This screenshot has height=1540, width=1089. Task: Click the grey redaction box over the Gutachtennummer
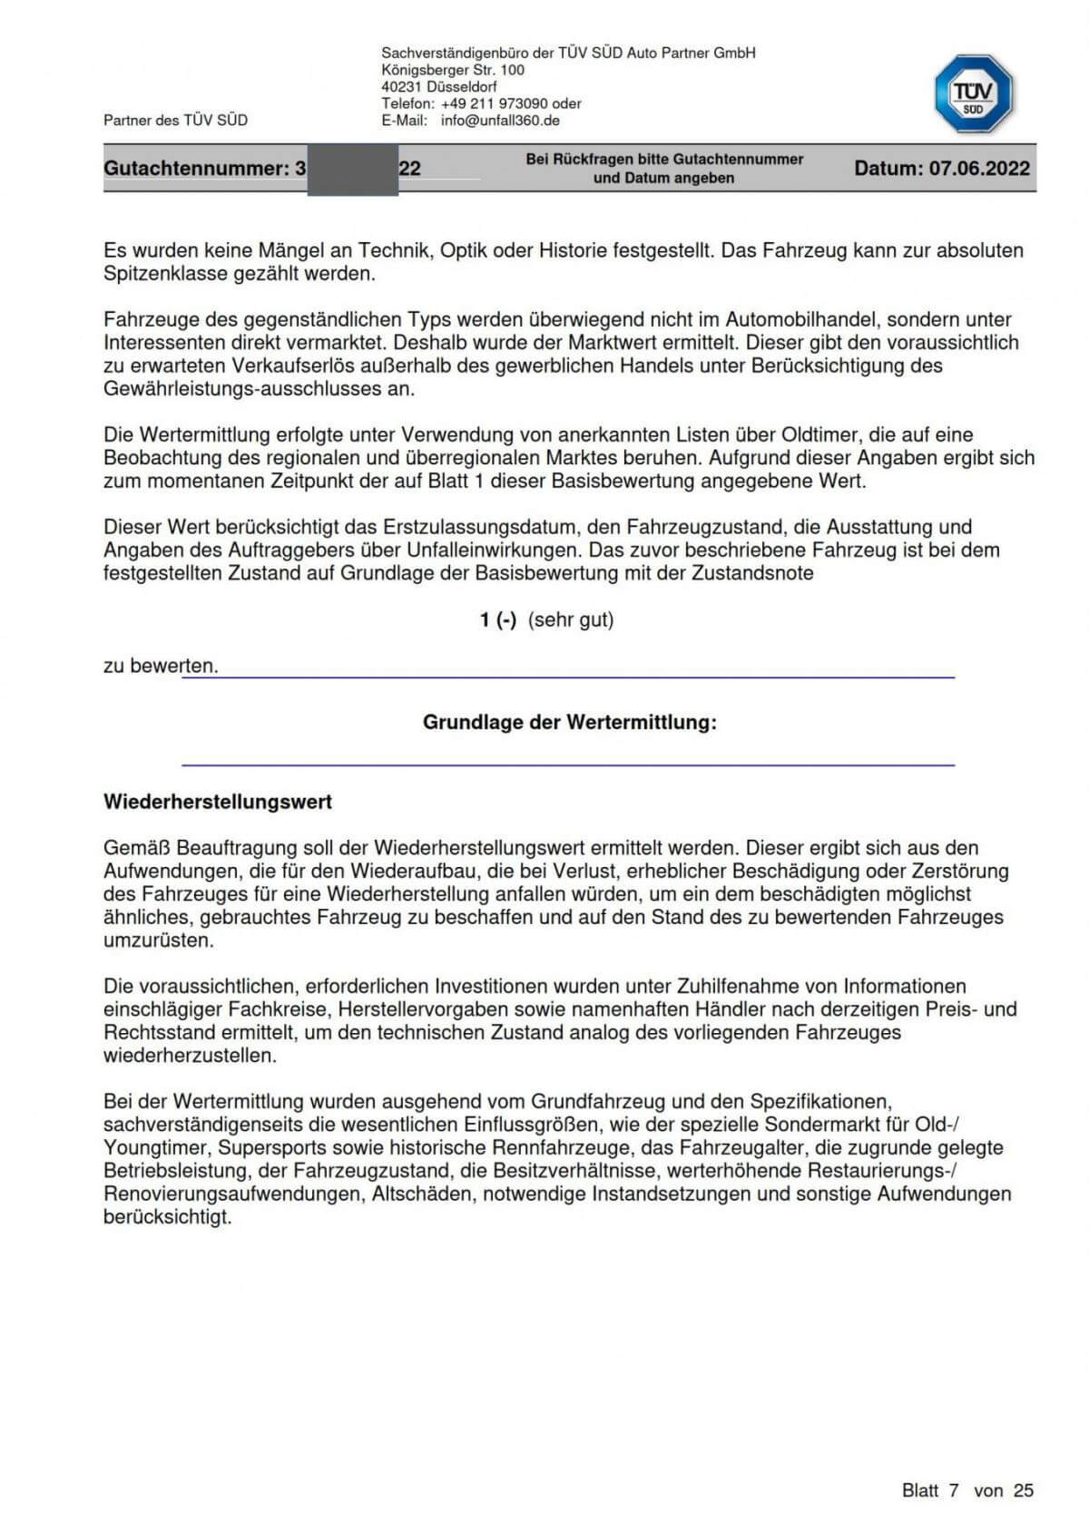point(353,170)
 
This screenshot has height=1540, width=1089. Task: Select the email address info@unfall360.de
point(500,121)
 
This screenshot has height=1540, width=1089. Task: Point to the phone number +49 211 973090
point(495,103)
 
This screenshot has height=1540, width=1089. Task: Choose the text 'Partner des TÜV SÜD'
point(175,121)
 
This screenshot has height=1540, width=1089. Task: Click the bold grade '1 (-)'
point(498,620)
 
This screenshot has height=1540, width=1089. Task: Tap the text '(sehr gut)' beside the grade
point(571,620)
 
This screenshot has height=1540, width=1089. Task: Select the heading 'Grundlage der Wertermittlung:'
point(569,723)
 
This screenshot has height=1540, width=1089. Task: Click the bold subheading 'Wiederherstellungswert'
point(218,803)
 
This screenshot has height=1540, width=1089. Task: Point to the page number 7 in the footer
point(954,1490)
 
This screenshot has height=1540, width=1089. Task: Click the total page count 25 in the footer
point(1024,1490)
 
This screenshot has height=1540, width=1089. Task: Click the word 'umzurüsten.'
point(159,941)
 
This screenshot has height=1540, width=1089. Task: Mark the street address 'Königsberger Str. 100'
point(453,70)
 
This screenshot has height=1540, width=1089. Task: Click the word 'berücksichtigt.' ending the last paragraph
point(168,1217)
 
